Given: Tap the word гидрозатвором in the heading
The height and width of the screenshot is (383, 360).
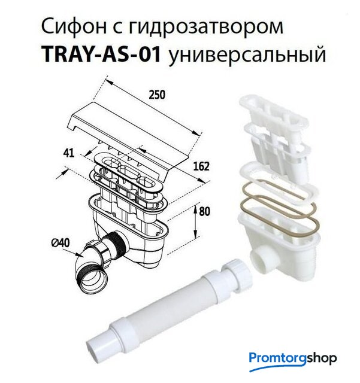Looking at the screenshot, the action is [x=205, y=28].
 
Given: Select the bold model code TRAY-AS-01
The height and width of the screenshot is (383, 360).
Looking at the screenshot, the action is [x=101, y=54].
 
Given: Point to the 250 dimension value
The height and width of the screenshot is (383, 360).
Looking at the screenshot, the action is [x=157, y=95].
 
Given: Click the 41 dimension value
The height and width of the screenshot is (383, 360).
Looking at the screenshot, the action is [x=68, y=153].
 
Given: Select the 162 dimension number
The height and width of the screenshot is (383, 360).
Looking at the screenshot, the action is [x=201, y=166].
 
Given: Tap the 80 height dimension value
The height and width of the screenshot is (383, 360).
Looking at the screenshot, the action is [x=204, y=211].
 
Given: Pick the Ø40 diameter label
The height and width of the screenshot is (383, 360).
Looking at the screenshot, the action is [x=60, y=243].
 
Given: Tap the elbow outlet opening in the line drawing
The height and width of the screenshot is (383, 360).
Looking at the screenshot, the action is [x=94, y=281].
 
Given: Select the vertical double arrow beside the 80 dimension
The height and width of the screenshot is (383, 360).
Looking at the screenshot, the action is [x=196, y=222].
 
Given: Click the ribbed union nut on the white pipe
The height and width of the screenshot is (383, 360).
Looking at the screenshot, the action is [x=238, y=272].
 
